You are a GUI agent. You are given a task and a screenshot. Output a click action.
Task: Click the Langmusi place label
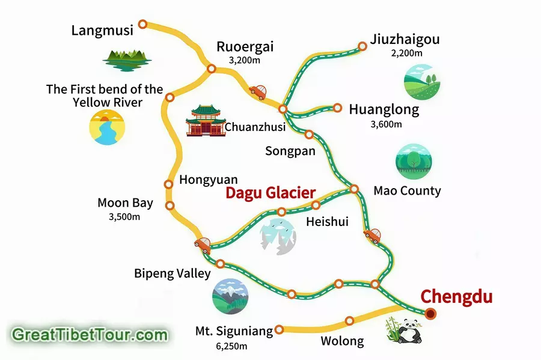tap(102, 30)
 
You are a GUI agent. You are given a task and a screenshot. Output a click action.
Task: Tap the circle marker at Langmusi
tap(142, 24)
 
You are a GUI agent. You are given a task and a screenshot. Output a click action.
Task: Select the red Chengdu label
tap(456, 297)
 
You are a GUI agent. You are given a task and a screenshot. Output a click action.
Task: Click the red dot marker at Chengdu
tap(430, 313)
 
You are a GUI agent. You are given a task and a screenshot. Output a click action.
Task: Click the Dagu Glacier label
tap(270, 193)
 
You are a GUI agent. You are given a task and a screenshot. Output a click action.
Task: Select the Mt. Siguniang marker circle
tap(278, 329)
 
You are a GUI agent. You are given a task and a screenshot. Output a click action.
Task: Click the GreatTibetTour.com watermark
tap(89, 334)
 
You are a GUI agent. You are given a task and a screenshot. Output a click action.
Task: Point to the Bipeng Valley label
tap(173, 274)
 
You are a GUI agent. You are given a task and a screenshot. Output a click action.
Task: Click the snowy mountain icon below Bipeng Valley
tap(230, 297)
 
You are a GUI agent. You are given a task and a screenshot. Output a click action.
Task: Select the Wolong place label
tap(342, 341)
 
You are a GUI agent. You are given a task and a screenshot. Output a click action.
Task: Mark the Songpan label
tap(290, 151)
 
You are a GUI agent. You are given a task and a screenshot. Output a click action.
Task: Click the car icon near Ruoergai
tap(258, 92)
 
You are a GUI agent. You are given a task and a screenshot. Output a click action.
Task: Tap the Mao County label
tap(407, 191)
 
